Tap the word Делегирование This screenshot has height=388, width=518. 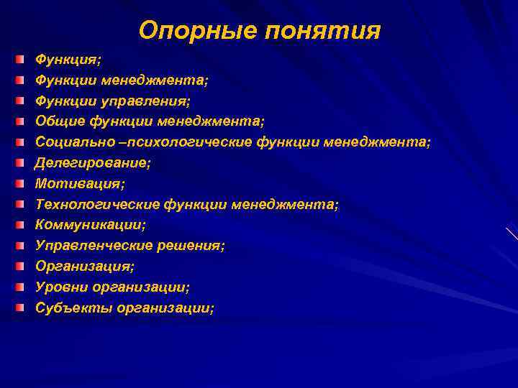pyautogui.click(x=93, y=163)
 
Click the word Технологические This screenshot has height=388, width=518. pyautogui.click(x=97, y=205)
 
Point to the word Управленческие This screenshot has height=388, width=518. pyautogui.click(x=94, y=246)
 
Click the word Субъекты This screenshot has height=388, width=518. pyautogui.click(x=69, y=308)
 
